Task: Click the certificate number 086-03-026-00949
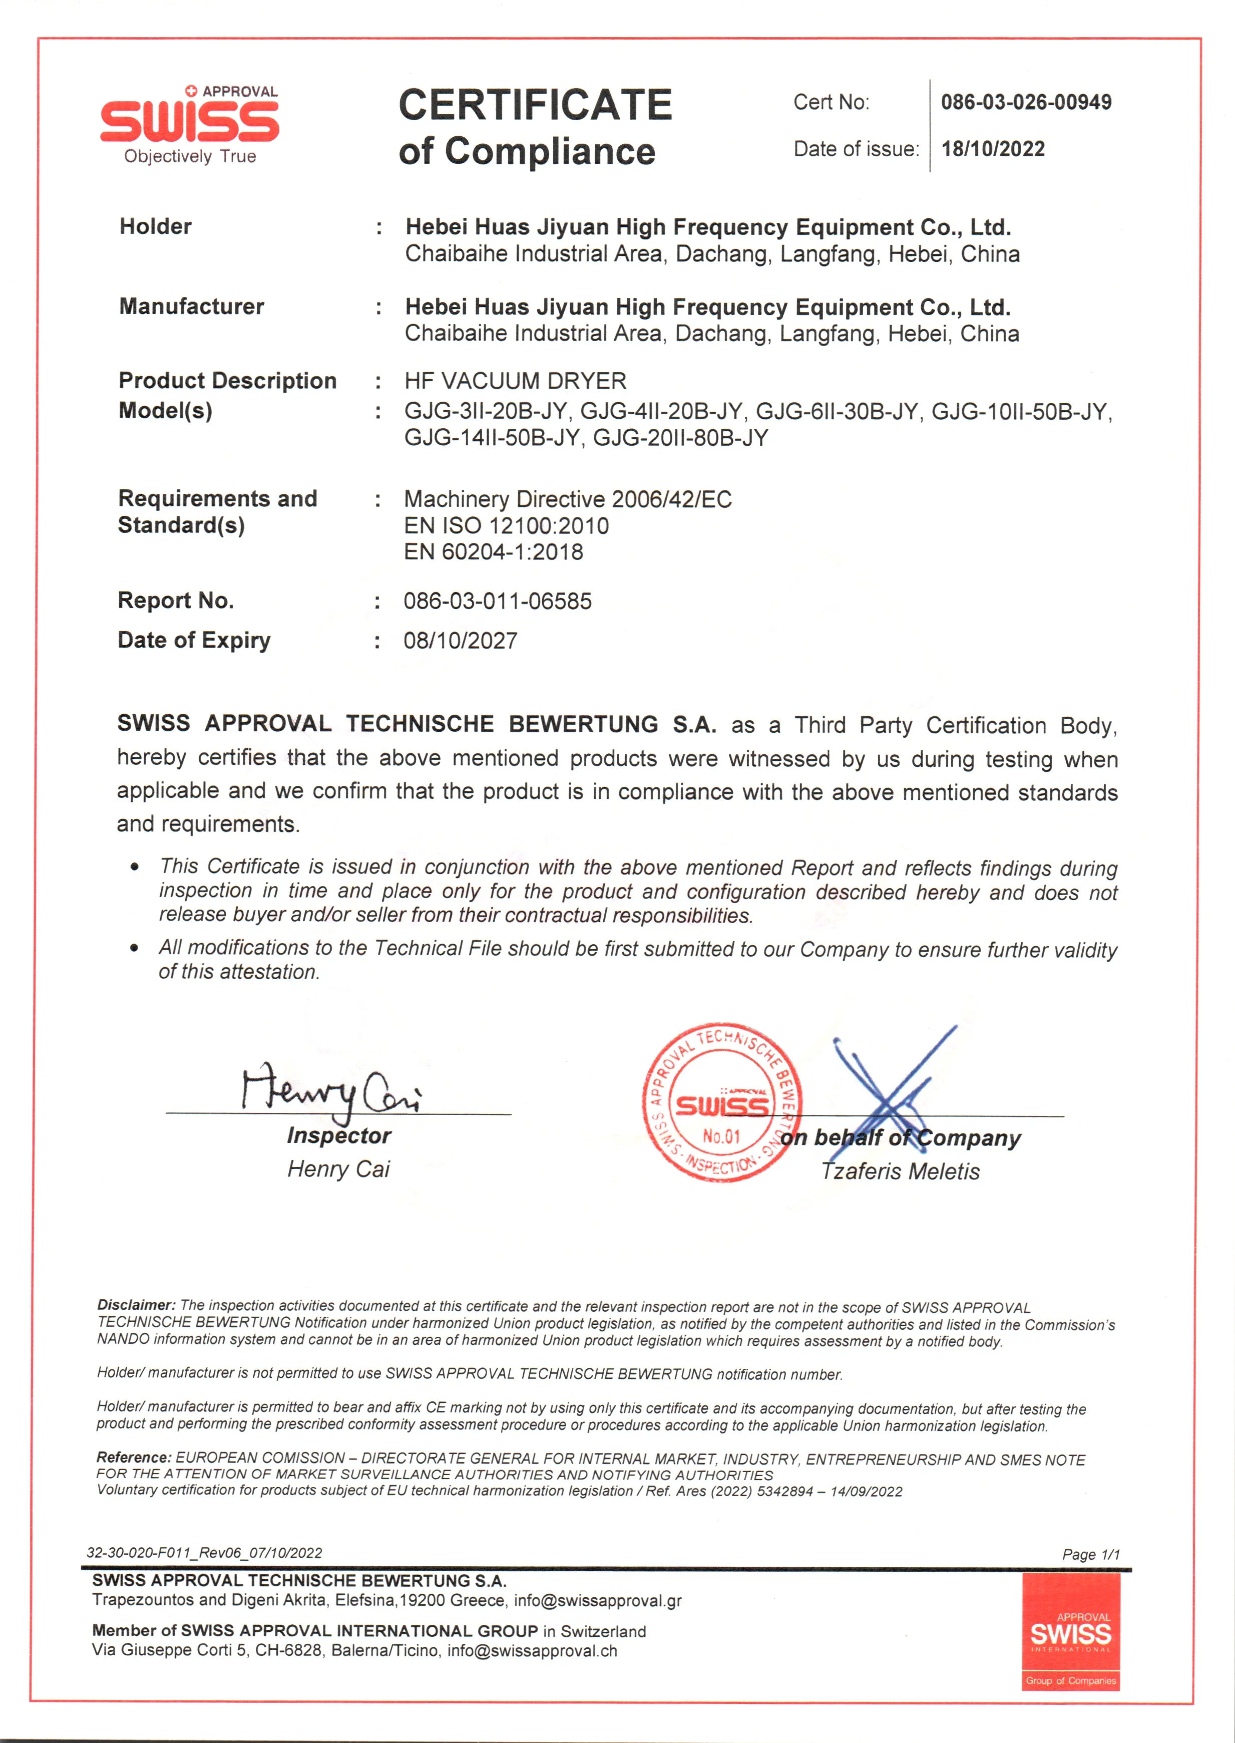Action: click(1026, 102)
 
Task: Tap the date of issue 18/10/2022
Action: click(992, 149)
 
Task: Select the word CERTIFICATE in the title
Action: click(535, 105)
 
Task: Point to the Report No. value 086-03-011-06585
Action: click(497, 601)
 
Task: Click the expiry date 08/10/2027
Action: click(460, 641)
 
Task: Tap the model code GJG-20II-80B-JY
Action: click(681, 438)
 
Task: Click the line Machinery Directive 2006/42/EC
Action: click(567, 499)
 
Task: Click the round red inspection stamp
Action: click(720, 1101)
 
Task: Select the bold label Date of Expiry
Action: click(194, 641)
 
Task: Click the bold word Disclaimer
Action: click(135, 1305)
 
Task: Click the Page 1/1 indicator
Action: click(1090, 1554)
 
